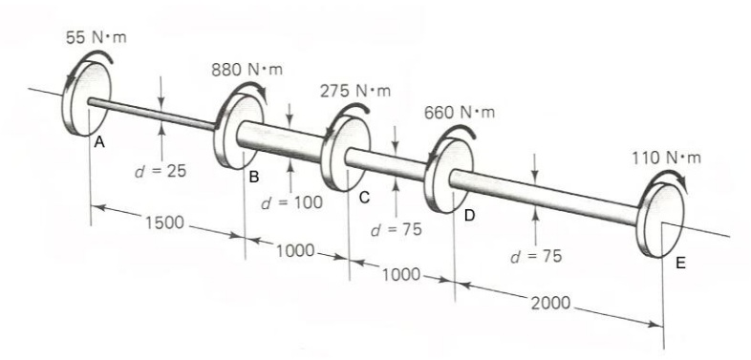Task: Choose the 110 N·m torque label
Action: pos(666,157)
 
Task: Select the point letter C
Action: pos(363,198)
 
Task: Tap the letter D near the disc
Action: pos(468,217)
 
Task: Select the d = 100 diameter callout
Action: pos(291,202)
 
